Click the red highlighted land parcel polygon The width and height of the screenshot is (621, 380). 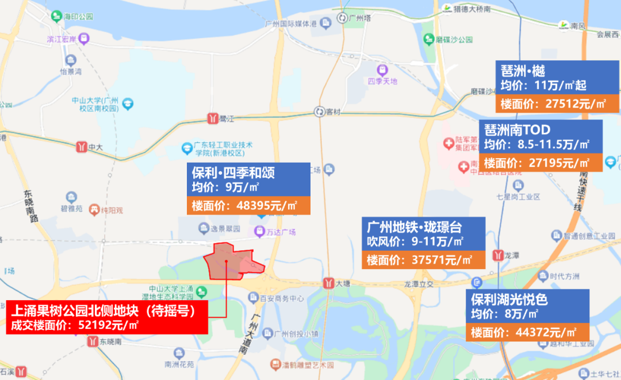point(230,262)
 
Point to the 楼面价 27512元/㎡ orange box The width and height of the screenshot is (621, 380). point(557,104)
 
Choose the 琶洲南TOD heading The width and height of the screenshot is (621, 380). point(517,129)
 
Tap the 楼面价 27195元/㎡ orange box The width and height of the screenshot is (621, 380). point(540,163)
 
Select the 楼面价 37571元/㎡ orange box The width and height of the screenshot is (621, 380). point(423,260)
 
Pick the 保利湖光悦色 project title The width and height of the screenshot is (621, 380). point(509,300)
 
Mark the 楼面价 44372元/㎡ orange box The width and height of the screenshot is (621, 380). point(527,332)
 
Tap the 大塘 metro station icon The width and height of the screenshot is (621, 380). point(328,283)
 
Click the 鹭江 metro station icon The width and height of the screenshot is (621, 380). point(212,119)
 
